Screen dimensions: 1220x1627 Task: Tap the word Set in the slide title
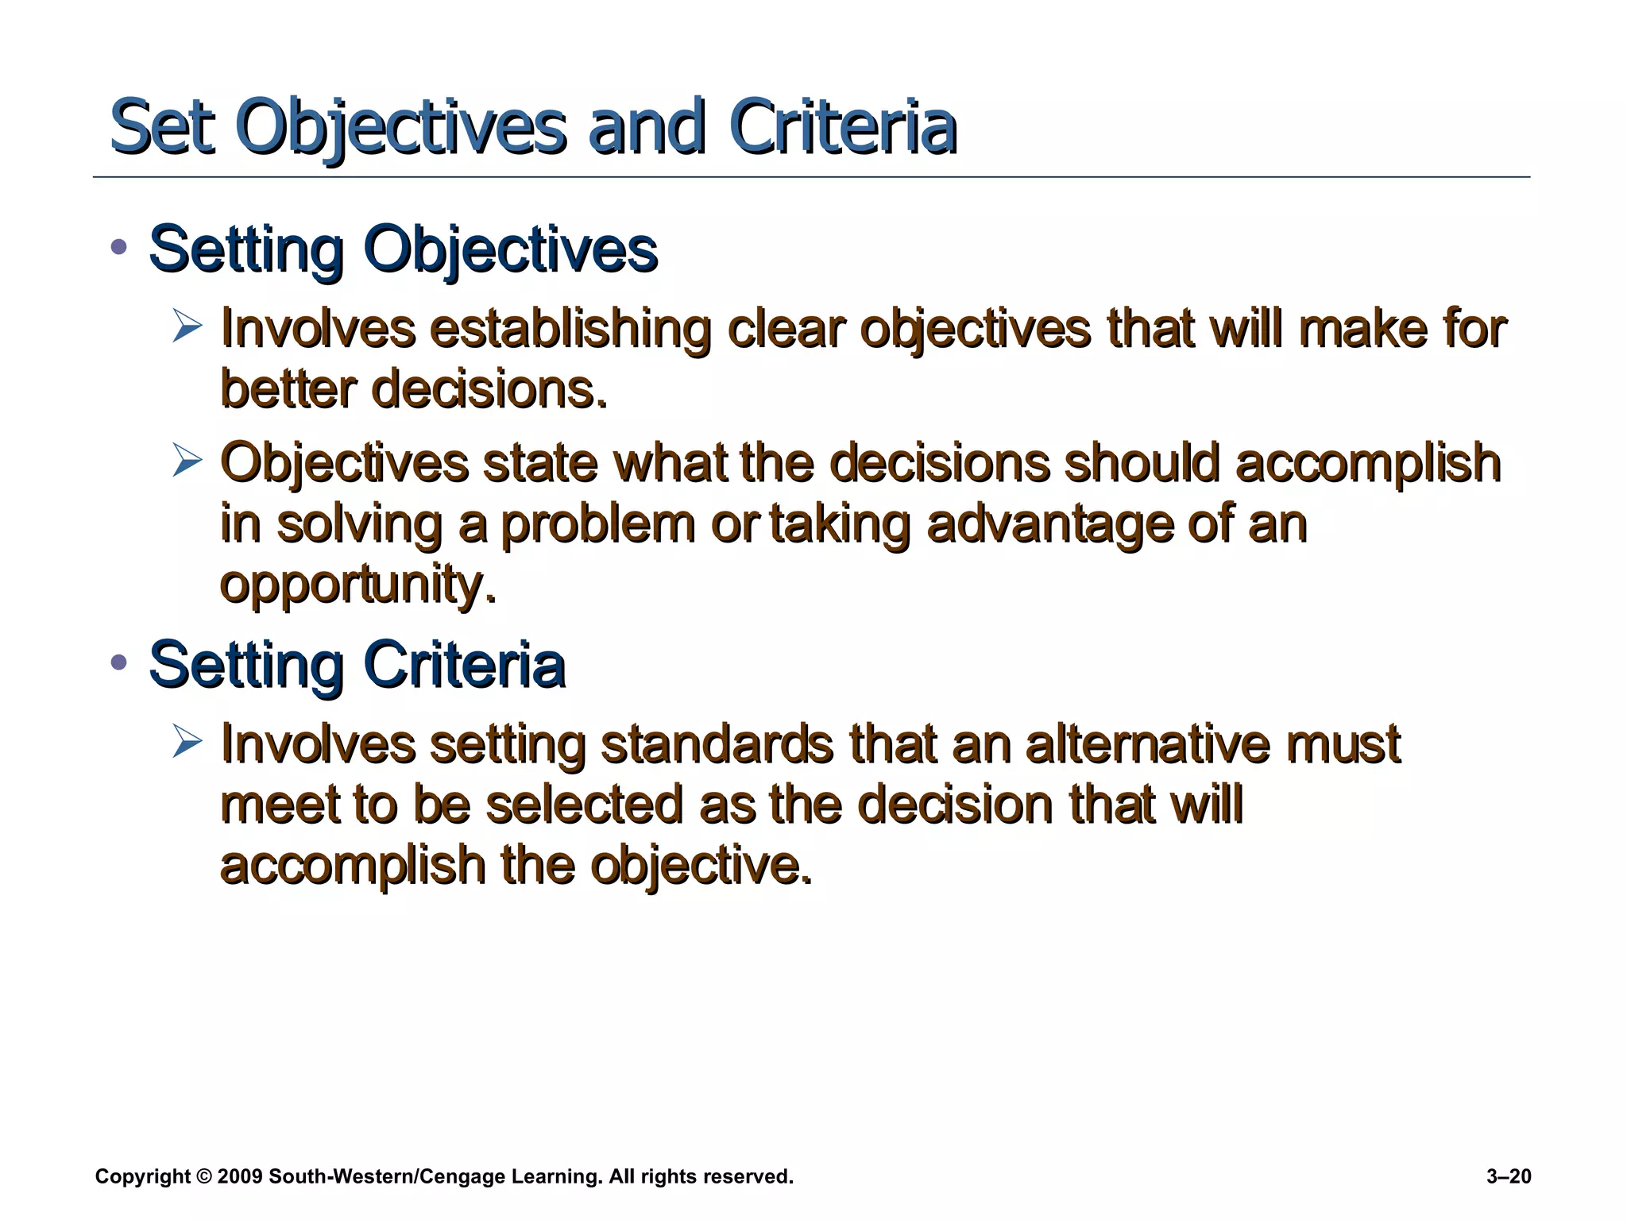[x=162, y=127]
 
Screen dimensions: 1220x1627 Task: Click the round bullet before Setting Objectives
[x=119, y=247]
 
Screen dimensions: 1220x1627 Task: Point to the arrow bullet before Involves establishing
[x=187, y=326]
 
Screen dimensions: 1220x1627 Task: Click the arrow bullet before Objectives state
[x=187, y=461]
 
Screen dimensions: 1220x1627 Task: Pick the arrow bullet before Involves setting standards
[x=187, y=742]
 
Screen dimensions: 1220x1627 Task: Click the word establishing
[x=570, y=328]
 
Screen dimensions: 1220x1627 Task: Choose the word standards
[x=717, y=743]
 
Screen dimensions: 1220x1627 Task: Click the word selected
[x=584, y=804]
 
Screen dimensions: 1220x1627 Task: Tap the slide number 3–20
[x=1508, y=1176]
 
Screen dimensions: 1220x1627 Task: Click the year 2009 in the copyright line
[x=239, y=1176]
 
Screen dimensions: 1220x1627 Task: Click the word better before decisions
[x=288, y=389]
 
